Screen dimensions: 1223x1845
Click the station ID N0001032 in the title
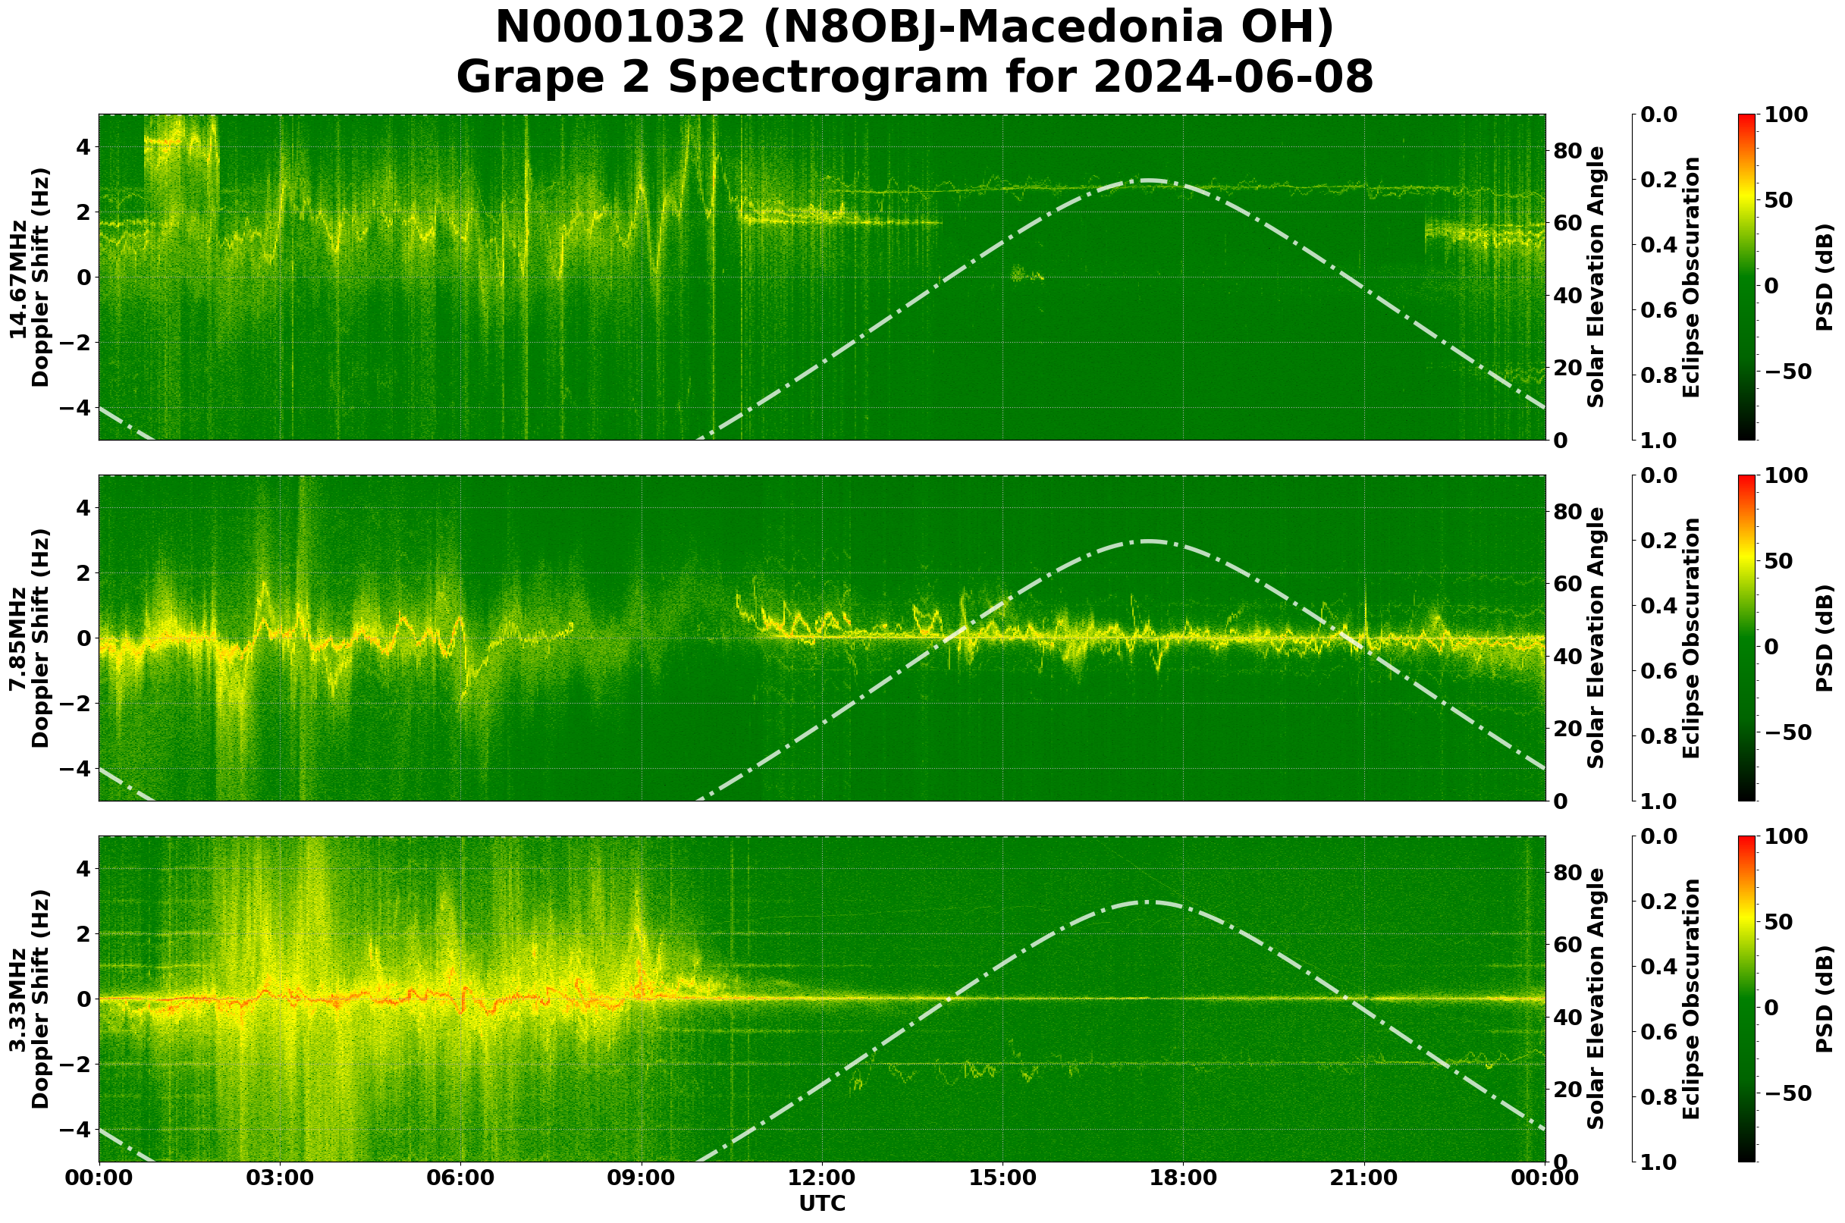coord(620,28)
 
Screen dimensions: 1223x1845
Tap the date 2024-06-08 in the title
coord(1232,77)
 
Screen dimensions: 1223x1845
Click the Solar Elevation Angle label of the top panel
coord(1596,278)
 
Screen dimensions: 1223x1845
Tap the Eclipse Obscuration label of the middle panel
coord(1690,638)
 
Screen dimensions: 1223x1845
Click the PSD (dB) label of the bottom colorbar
coord(1824,999)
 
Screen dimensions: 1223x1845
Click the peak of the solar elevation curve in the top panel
coord(1147,180)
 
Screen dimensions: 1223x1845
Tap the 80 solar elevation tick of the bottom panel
coord(1567,872)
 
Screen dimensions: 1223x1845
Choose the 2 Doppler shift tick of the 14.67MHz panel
coord(80,212)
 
